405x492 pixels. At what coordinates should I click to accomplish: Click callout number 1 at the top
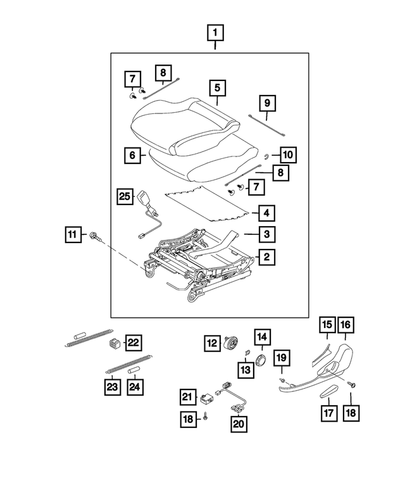coord(215,32)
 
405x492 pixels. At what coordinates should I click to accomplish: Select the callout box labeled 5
coord(216,87)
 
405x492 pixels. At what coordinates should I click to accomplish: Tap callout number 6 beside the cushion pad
coord(132,154)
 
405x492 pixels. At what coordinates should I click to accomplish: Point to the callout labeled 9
coord(267,103)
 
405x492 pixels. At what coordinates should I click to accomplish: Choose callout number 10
coord(287,154)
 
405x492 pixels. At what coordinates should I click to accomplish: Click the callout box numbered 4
coord(267,213)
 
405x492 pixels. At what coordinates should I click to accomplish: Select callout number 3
coord(267,234)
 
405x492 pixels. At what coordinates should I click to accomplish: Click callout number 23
coord(113,384)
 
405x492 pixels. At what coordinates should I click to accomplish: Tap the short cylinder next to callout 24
coord(135,370)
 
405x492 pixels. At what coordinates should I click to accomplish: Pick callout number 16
coord(345,325)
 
